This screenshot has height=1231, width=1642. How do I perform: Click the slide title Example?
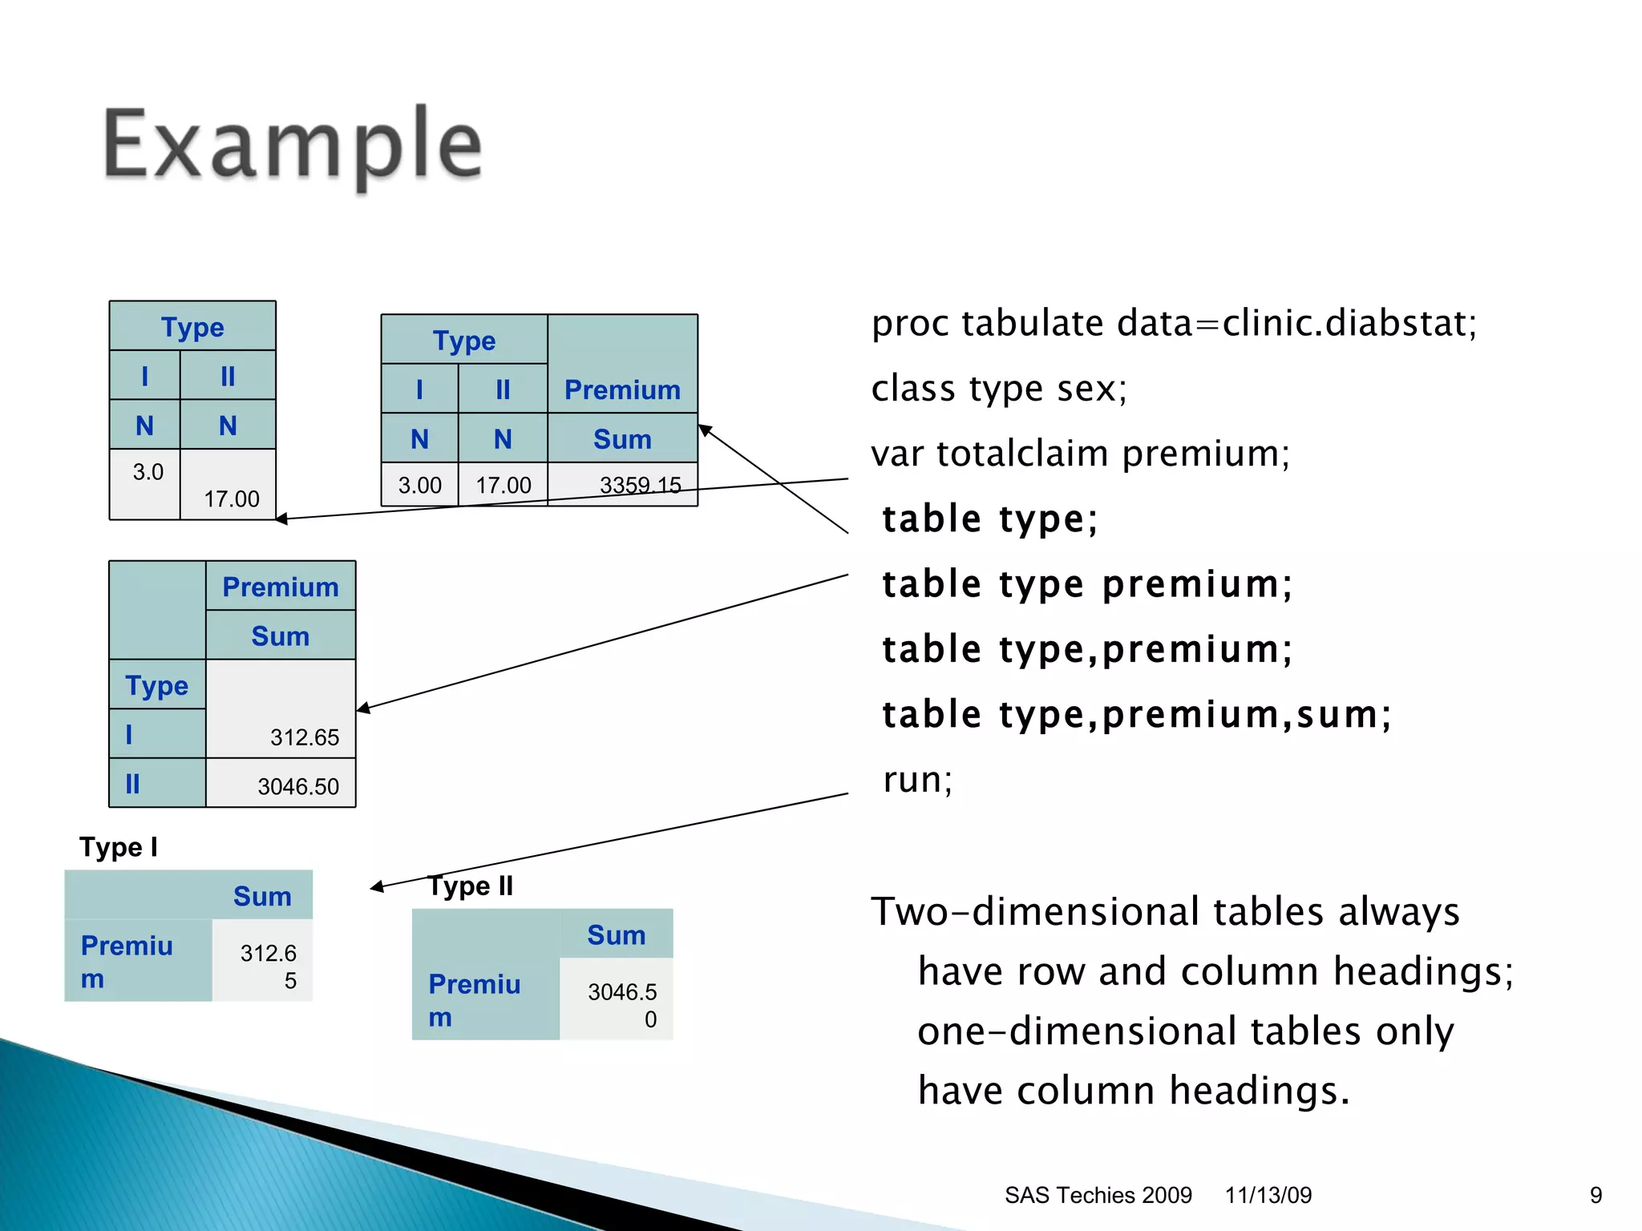click(x=293, y=145)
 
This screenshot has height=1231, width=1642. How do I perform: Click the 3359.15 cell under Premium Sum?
click(x=640, y=485)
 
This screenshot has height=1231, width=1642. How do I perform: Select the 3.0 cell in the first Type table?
click(x=148, y=472)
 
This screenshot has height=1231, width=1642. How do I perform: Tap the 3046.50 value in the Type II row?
click(x=297, y=786)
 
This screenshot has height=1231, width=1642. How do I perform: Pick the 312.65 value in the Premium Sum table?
click(x=304, y=737)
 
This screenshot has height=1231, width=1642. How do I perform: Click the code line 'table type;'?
click(x=989, y=519)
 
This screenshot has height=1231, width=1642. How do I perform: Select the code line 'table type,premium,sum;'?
click(x=1136, y=714)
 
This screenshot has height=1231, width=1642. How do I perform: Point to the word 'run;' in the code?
click(x=917, y=779)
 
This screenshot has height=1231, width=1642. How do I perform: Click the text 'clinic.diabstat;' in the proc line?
click(x=1349, y=324)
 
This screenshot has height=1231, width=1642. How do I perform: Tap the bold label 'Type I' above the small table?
click(x=119, y=847)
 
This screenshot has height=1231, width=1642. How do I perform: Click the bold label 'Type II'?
click(x=471, y=886)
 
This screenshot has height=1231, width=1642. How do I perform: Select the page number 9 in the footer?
click(x=1595, y=1195)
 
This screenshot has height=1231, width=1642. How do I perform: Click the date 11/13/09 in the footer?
click(x=1268, y=1195)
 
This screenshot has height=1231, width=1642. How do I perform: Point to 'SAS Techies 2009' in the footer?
click(x=1098, y=1195)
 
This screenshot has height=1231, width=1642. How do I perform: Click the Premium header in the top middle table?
click(x=622, y=389)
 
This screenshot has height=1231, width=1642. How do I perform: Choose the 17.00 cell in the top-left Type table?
click(x=231, y=498)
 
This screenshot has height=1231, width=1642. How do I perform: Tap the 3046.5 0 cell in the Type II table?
click(x=621, y=1004)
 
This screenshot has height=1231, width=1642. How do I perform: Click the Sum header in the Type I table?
click(x=262, y=896)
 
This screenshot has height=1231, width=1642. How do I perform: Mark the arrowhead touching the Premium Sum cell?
click(x=704, y=430)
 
